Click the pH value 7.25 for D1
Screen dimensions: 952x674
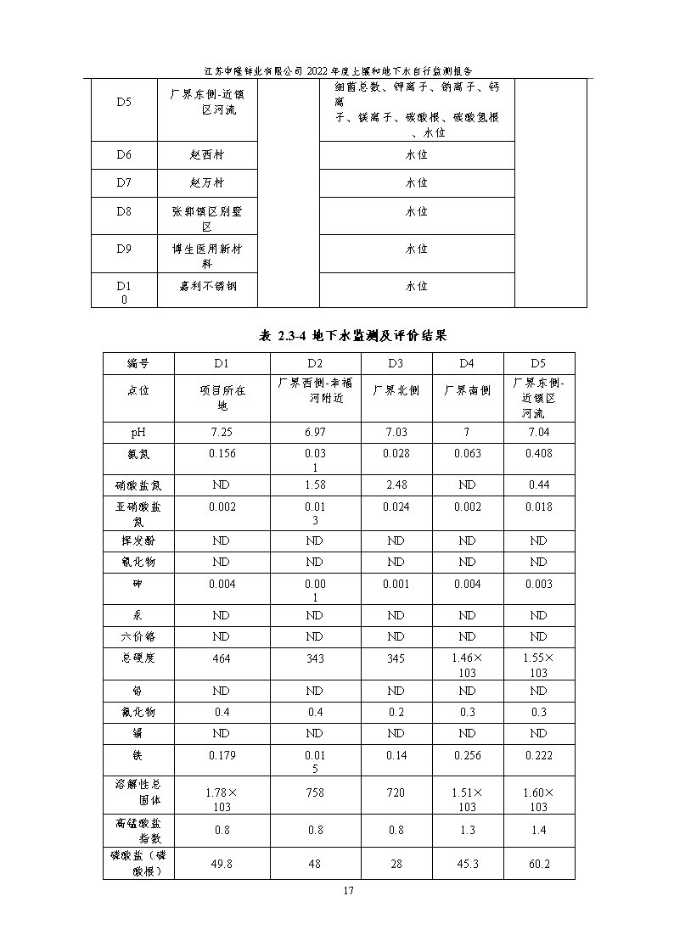(222, 433)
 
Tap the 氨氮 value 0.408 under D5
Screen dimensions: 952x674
(538, 453)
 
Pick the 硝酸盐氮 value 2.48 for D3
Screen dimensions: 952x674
(396, 484)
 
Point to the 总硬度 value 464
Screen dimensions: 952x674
(222, 658)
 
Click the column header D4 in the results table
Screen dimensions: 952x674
(467, 363)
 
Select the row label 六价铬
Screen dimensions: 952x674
(138, 636)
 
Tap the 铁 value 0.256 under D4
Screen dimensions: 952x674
(467, 755)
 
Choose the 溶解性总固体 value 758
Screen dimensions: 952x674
(314, 792)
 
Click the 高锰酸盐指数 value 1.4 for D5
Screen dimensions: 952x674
(538, 830)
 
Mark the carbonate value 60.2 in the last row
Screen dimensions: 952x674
(538, 864)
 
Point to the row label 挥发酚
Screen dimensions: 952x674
(138, 540)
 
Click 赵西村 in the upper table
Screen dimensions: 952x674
(207, 155)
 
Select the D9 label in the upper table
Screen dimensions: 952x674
(124, 249)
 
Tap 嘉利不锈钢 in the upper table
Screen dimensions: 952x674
(207, 286)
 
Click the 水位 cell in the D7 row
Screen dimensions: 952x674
(416, 182)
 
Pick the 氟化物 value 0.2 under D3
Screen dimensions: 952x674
(396, 712)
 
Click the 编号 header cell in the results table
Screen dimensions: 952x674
(138, 363)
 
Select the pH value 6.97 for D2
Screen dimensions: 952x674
(314, 433)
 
